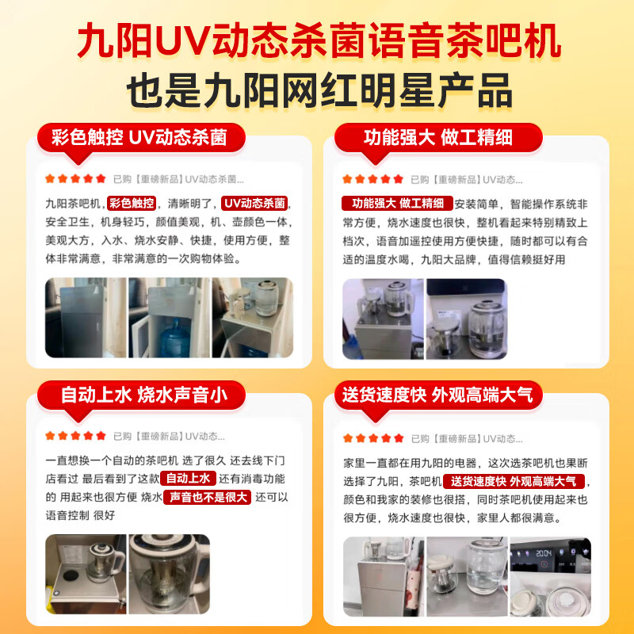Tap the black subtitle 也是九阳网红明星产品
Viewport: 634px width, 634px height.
point(317,91)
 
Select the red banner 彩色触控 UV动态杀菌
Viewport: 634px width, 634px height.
point(139,137)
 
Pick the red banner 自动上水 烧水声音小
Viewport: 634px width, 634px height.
point(142,395)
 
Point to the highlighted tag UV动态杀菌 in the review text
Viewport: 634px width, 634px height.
point(254,203)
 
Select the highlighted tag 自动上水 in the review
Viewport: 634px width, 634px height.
point(188,479)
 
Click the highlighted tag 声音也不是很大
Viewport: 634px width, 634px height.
point(206,497)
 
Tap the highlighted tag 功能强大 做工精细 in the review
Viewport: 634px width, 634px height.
point(396,203)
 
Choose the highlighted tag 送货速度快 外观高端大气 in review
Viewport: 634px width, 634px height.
point(514,482)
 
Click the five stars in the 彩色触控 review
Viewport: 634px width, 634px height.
point(75,178)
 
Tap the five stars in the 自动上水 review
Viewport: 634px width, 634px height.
point(75,435)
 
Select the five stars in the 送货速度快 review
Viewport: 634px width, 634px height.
point(372,437)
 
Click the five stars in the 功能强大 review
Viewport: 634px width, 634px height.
point(372,178)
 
